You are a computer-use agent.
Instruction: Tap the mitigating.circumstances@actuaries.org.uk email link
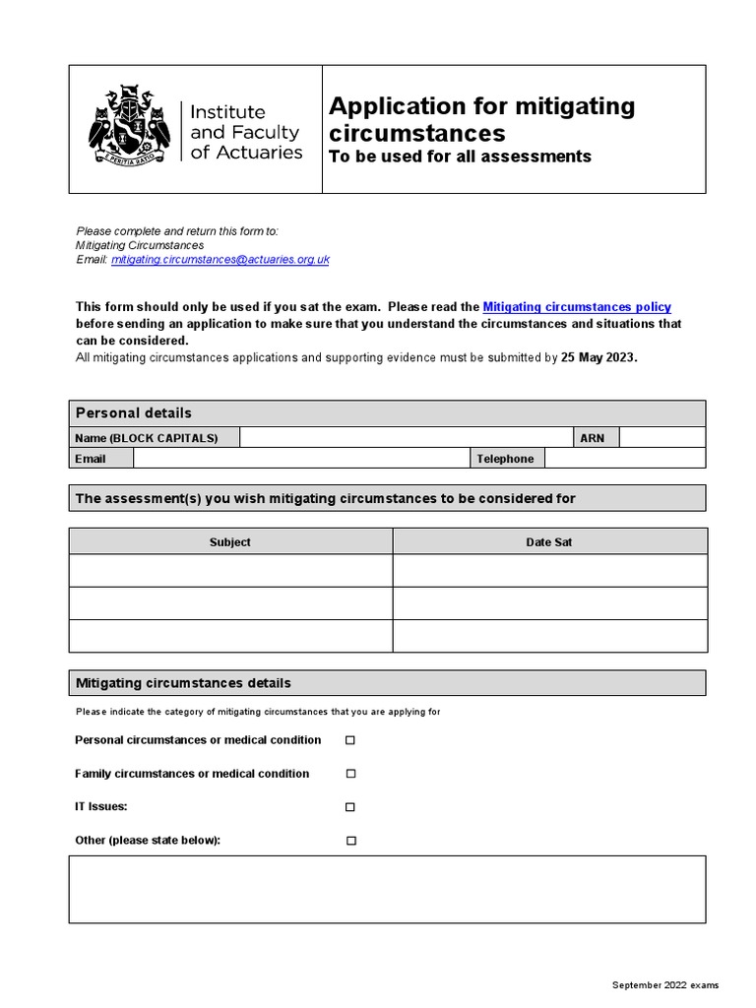click(220, 259)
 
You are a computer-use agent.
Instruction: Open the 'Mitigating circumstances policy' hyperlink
click(577, 307)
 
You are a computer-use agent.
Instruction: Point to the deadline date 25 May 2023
click(598, 357)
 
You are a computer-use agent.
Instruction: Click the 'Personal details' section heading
click(134, 412)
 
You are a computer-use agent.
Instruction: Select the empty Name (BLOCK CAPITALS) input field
click(407, 437)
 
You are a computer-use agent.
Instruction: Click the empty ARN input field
click(661, 437)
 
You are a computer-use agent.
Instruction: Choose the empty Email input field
click(300, 459)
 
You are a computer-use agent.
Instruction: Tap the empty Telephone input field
click(625, 459)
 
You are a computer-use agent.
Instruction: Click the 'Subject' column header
click(230, 541)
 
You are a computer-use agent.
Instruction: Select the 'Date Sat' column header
click(549, 541)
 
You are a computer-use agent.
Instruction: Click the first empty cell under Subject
click(230, 570)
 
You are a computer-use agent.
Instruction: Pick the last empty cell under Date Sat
click(549, 635)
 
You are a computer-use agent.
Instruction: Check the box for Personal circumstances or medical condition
click(349, 740)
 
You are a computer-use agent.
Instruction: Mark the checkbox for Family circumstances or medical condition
click(349, 774)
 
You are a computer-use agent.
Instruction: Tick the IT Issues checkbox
click(349, 807)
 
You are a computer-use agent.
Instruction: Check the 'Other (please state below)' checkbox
click(349, 841)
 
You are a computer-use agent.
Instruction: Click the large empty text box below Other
click(387, 889)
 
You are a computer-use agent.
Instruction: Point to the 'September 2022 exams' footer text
click(665, 984)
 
